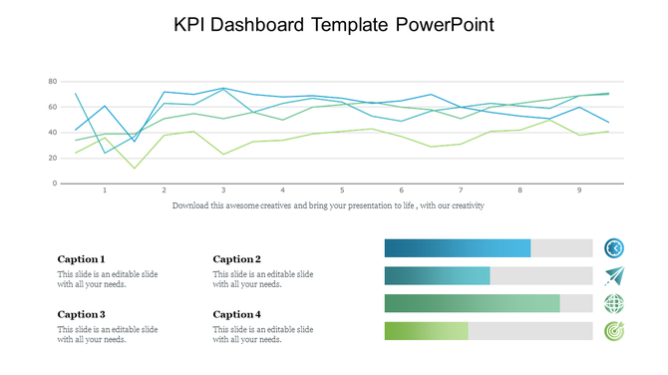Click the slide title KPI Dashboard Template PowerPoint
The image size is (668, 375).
click(x=333, y=23)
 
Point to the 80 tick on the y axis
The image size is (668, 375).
click(x=50, y=81)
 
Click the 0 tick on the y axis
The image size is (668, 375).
click(x=54, y=184)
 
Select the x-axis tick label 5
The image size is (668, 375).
click(x=342, y=190)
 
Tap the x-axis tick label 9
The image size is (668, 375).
click(x=579, y=190)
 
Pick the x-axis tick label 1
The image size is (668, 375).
click(x=105, y=190)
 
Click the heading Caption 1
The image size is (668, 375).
click(x=81, y=259)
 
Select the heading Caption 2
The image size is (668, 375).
click(x=236, y=259)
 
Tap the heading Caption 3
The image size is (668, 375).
click(x=81, y=314)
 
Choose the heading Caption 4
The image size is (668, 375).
click(x=236, y=314)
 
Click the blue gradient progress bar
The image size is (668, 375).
click(x=458, y=248)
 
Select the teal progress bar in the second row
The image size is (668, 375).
click(x=437, y=276)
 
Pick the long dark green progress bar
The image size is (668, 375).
click(x=472, y=304)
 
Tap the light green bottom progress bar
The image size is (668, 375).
click(x=426, y=331)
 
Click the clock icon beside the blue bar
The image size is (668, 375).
click(x=613, y=248)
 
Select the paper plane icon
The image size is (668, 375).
click(x=613, y=276)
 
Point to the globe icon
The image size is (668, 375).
click(x=613, y=304)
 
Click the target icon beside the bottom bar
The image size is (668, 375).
click(x=613, y=331)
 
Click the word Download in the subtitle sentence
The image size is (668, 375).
click(x=191, y=205)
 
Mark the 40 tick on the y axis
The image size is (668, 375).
click(x=50, y=132)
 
